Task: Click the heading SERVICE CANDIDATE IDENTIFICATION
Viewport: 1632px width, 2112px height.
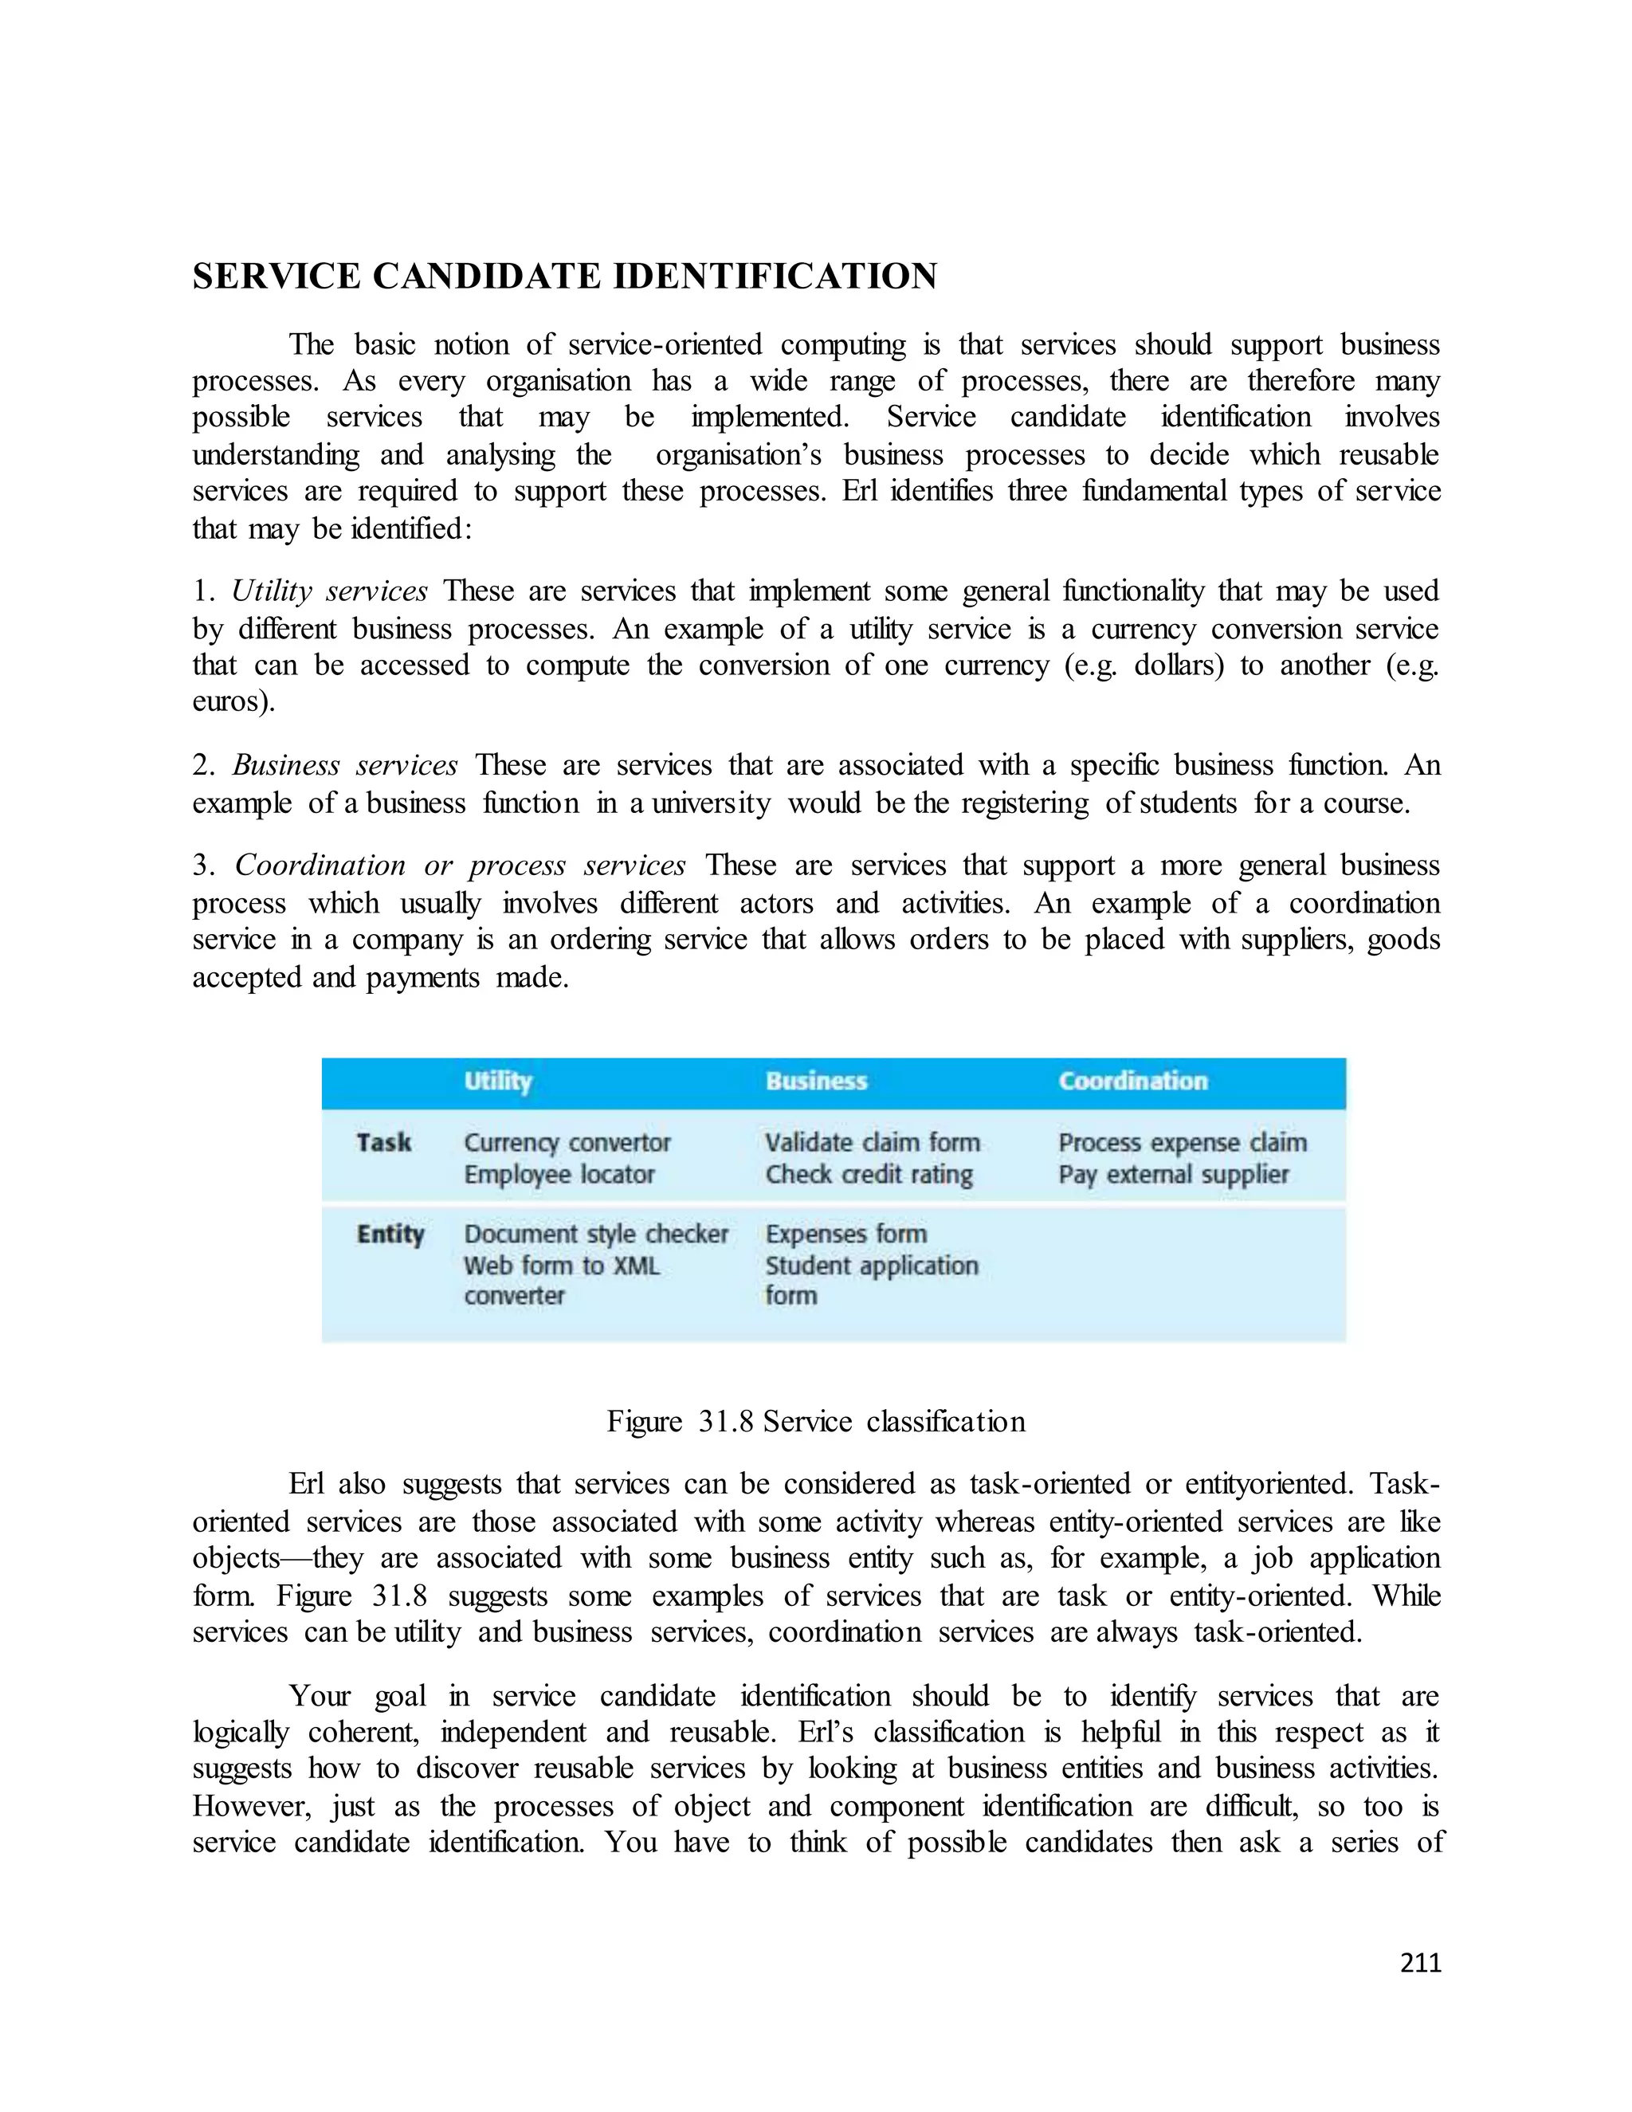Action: coord(565,277)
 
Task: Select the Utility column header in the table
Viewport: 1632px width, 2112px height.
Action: coord(498,1082)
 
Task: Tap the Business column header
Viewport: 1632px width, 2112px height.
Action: coord(816,1082)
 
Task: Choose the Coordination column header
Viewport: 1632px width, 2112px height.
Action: coord(1132,1082)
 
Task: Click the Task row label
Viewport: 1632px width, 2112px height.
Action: coord(384,1143)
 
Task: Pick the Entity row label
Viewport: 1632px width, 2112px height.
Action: coord(390,1235)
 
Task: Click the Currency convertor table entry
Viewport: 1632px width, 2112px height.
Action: coord(567,1143)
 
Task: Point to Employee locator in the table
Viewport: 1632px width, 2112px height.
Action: coord(559,1175)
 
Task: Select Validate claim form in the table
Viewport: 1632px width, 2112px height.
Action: coord(872,1143)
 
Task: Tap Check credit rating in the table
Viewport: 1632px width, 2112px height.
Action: coord(869,1175)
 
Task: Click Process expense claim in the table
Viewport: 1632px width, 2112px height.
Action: coord(1182,1143)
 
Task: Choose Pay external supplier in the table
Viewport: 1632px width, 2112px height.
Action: coord(1173,1175)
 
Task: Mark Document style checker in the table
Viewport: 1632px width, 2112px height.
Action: coord(595,1235)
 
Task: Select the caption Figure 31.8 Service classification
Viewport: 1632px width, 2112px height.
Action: coord(816,1422)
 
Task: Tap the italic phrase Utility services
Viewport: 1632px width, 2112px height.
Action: coord(330,591)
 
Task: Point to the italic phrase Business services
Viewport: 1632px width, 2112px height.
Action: coord(345,766)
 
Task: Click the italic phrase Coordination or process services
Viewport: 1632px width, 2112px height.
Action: coord(461,866)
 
